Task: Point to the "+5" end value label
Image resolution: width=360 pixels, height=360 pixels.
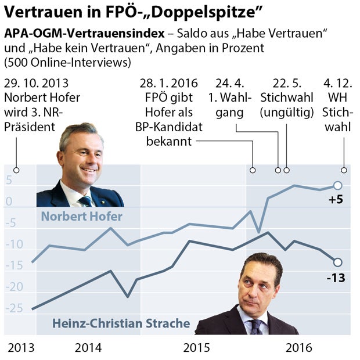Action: click(336, 200)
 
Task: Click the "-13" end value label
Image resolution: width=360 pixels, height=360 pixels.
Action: click(336, 278)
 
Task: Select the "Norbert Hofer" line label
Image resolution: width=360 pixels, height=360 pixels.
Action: click(81, 217)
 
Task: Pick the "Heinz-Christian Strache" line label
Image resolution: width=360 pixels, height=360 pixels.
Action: click(121, 323)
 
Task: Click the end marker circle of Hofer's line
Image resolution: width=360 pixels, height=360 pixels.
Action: click(338, 185)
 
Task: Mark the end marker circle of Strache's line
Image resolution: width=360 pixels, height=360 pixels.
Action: click(338, 262)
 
